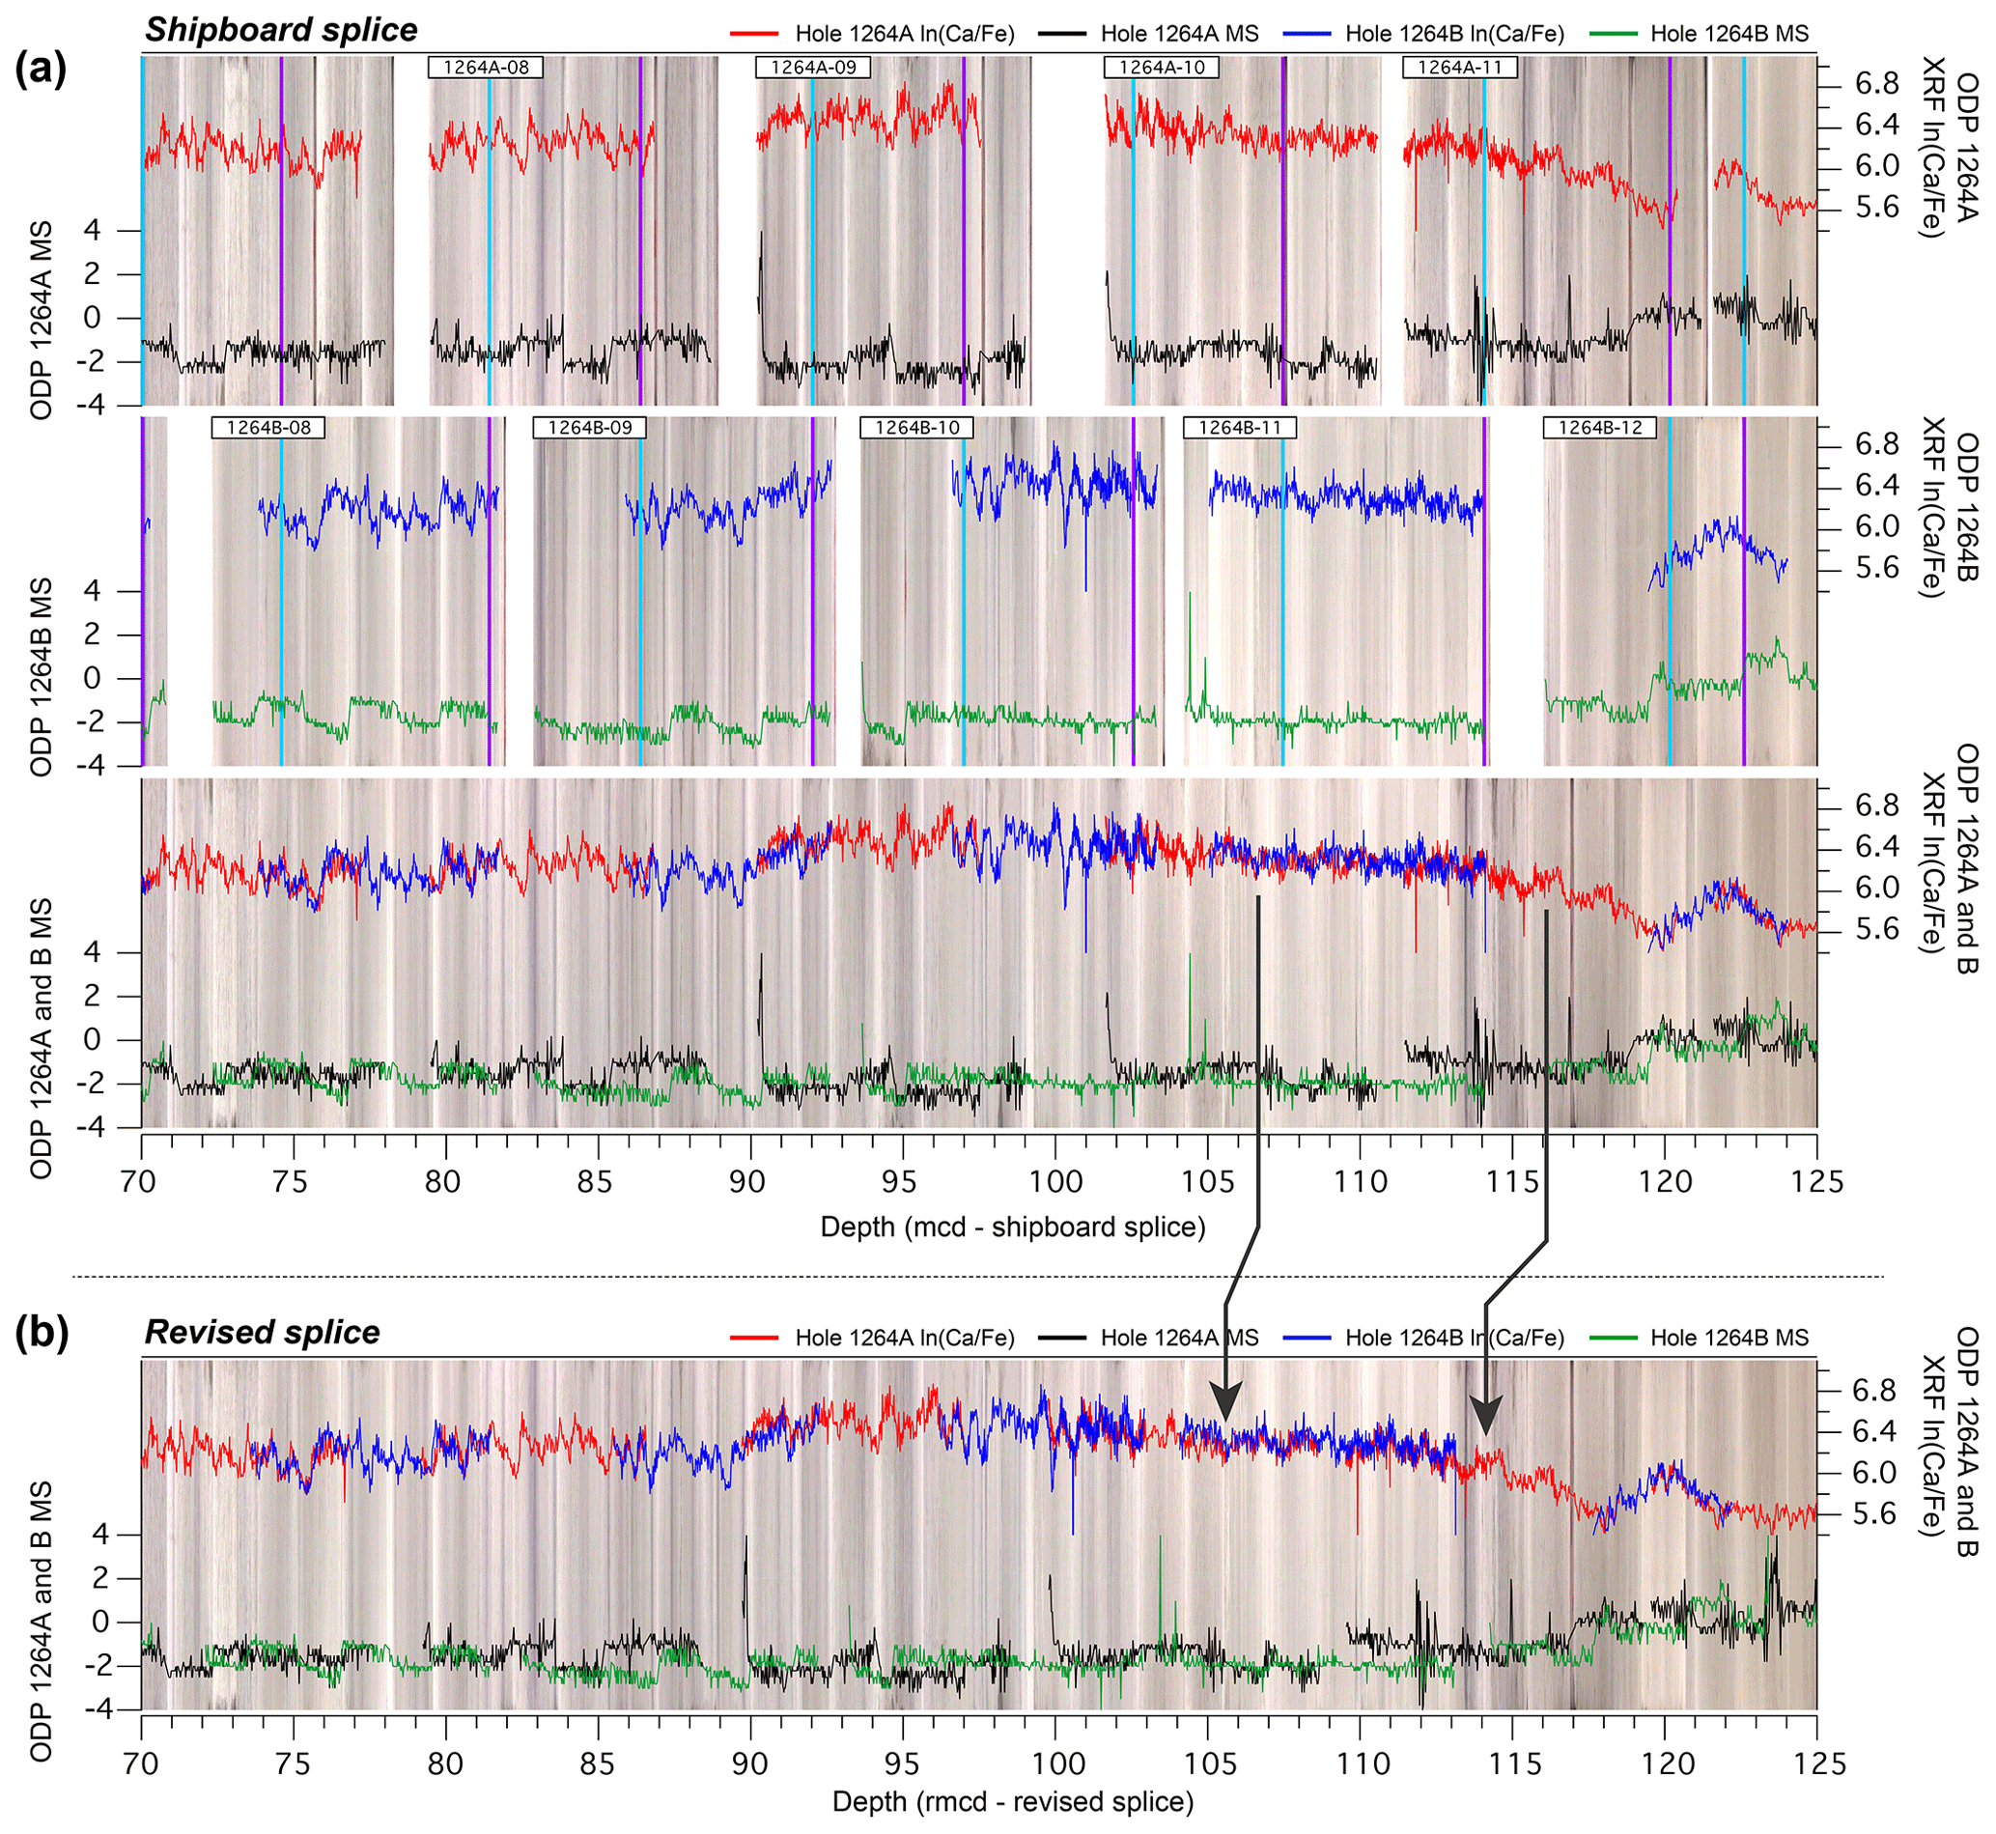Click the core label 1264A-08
point(485,68)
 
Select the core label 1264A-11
point(1459,68)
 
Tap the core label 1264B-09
point(590,428)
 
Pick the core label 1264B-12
point(1600,428)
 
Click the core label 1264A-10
point(1162,68)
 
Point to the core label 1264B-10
point(917,428)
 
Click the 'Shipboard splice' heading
point(282,30)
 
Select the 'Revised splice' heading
point(263,1332)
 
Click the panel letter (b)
point(41,1335)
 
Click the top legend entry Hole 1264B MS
point(1729,34)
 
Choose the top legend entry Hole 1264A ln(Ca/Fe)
point(905,34)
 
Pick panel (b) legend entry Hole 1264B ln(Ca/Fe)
point(1454,1338)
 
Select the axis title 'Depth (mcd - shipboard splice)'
point(1013,1227)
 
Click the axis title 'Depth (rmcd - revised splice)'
point(1013,1801)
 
